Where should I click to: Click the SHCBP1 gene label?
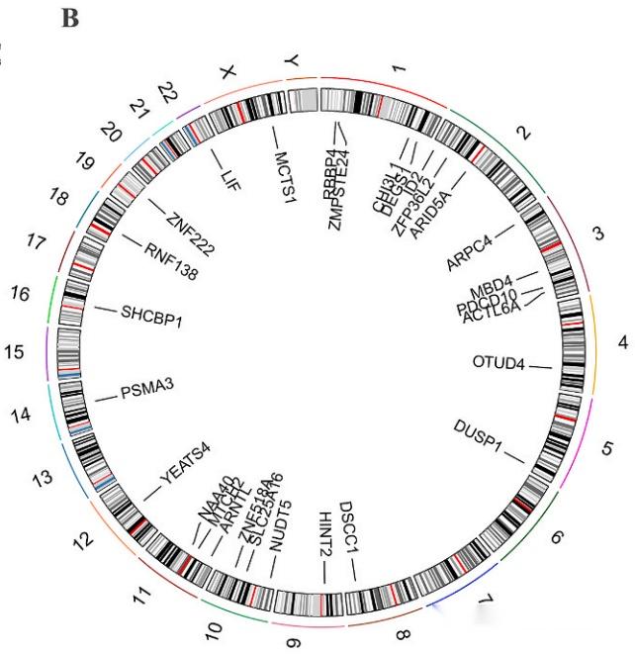click(152, 318)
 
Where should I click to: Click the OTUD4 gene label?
click(498, 362)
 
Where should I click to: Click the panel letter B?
click(70, 19)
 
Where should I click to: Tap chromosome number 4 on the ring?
click(622, 342)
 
